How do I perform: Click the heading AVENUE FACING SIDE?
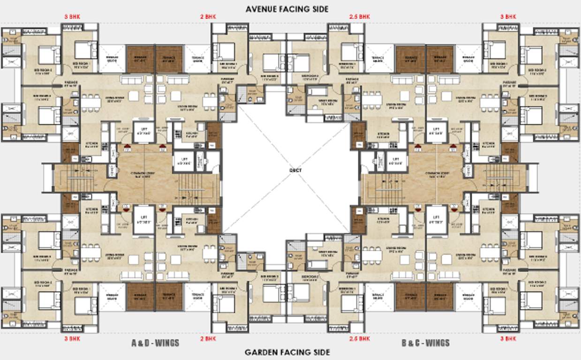[287, 9]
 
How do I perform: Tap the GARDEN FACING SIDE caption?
[287, 352]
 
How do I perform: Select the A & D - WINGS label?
[155, 343]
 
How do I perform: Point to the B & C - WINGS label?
[425, 343]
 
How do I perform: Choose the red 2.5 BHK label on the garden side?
[360, 338]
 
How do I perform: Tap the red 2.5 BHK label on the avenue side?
[360, 16]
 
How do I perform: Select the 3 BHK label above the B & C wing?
[508, 16]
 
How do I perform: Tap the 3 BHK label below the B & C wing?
[508, 338]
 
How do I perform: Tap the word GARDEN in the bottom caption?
[262, 352]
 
